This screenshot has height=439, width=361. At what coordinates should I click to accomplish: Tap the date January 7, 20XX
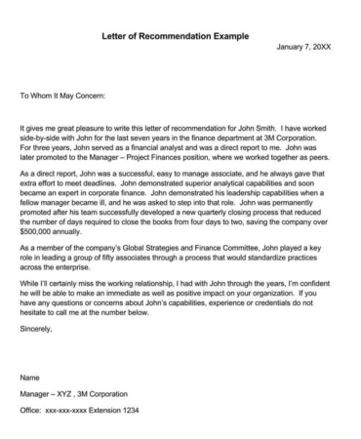[x=304, y=47]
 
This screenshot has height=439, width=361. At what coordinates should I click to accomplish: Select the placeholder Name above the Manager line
[x=30, y=375]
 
